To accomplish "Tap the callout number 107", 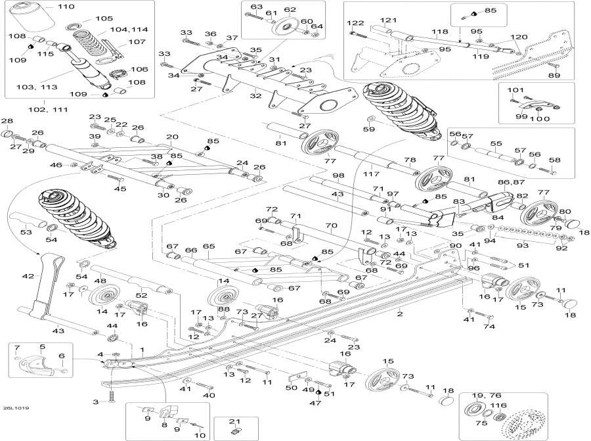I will (137, 42).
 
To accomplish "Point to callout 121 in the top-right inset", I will (390, 20).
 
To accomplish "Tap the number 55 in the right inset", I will (496, 143).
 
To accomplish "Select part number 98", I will (338, 175).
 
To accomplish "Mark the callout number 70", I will (330, 225).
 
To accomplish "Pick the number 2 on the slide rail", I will (399, 315).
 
